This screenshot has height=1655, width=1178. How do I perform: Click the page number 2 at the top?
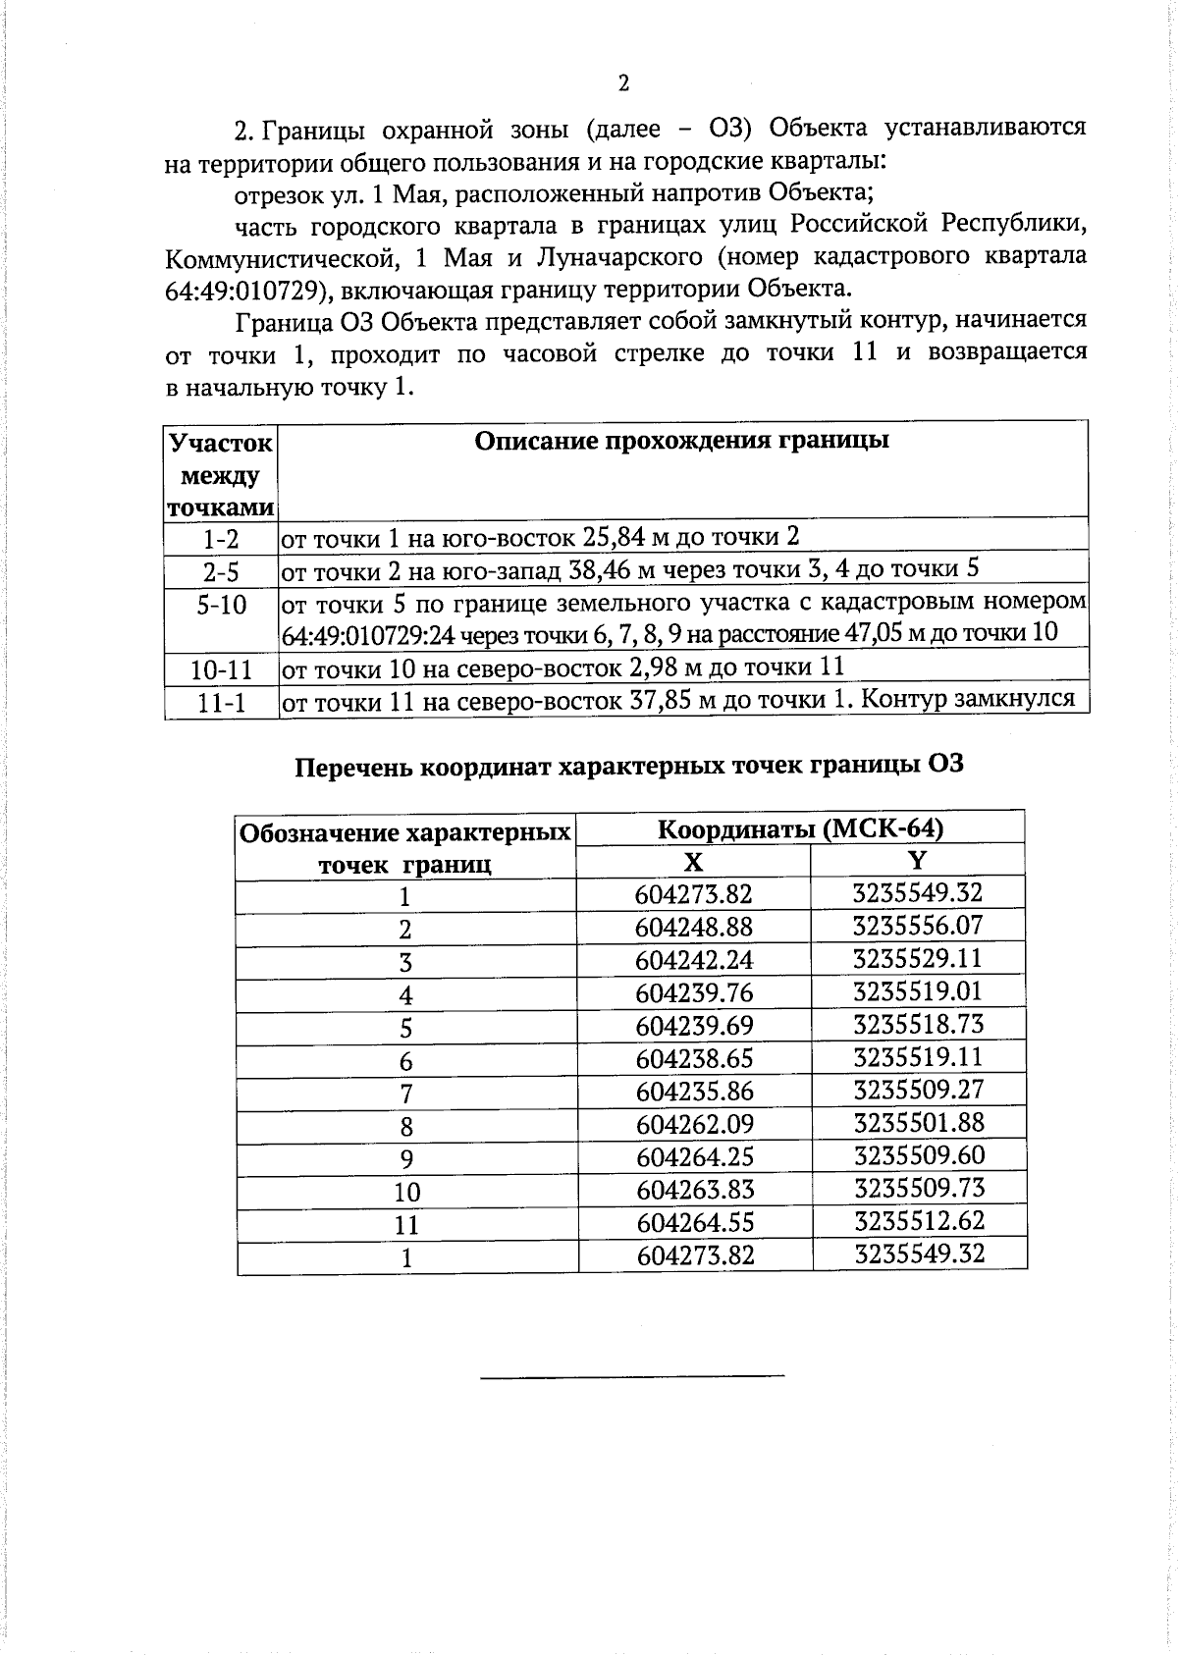coord(623,83)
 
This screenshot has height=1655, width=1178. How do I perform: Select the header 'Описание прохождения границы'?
coord(681,441)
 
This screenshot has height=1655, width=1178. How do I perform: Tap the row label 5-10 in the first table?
coord(221,605)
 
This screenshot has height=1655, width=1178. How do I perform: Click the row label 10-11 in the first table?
coord(221,670)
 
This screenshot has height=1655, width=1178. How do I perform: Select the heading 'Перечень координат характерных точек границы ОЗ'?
coord(629,765)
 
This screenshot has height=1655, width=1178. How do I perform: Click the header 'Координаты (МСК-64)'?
coord(800,829)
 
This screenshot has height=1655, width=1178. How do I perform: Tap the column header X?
coord(693,862)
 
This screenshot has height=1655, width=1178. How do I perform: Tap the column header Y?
coord(917,861)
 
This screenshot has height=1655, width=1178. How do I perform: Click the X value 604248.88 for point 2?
coord(694,927)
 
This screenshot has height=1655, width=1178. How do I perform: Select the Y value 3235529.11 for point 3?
coord(918,958)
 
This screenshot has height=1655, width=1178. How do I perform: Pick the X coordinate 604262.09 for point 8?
coord(695,1124)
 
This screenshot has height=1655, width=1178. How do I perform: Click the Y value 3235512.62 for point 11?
coord(919,1221)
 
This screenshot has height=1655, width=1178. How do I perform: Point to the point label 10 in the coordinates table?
coord(406,1192)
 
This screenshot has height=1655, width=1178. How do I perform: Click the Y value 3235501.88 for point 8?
coord(919,1122)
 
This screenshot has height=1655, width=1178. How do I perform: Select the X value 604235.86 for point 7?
coord(695,1091)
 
